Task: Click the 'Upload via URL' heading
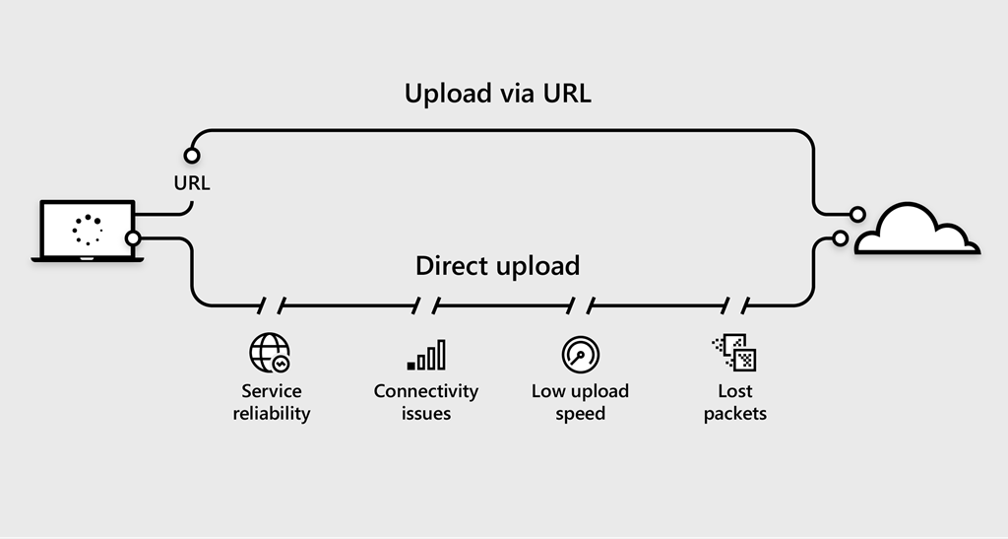click(x=497, y=95)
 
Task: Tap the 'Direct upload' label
click(x=497, y=266)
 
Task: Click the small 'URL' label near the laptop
click(x=191, y=182)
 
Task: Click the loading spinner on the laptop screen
click(x=88, y=229)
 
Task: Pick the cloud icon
click(x=915, y=230)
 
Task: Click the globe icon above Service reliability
click(x=270, y=353)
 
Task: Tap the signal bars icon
click(x=426, y=355)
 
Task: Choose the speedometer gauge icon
click(x=580, y=354)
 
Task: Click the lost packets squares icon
click(x=734, y=353)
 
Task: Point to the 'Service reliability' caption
click(x=272, y=402)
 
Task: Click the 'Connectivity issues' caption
click(x=426, y=402)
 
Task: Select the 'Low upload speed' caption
click(x=580, y=402)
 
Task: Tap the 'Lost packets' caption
click(x=734, y=402)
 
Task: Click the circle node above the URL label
click(x=192, y=156)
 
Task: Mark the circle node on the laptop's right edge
click(x=133, y=237)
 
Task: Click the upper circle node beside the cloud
click(x=857, y=214)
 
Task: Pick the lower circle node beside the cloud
click(x=840, y=237)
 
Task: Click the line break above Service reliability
click(x=272, y=305)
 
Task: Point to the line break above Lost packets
click(x=735, y=305)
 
